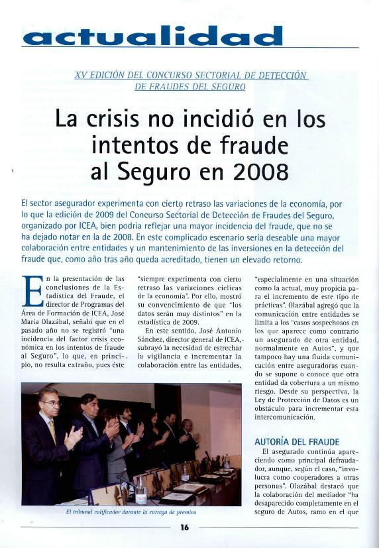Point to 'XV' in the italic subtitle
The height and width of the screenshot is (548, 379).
(x=82, y=76)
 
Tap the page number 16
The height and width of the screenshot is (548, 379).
(x=184, y=527)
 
